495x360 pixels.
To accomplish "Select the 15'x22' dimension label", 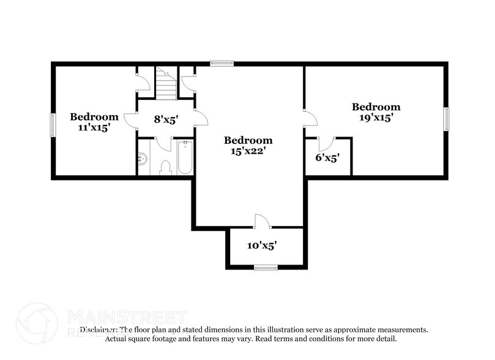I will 247,151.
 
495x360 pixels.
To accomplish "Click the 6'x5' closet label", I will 327,158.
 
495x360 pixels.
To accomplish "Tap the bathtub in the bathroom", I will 185,158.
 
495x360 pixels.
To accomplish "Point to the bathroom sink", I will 143,159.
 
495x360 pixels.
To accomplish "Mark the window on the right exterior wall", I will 447,119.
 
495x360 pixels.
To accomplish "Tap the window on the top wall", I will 221,62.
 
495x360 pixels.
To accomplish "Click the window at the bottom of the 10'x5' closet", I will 266,267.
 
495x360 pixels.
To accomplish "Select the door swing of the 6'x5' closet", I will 324,143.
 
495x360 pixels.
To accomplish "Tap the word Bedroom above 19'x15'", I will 376,107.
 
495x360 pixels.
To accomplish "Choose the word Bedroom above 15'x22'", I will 247,140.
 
